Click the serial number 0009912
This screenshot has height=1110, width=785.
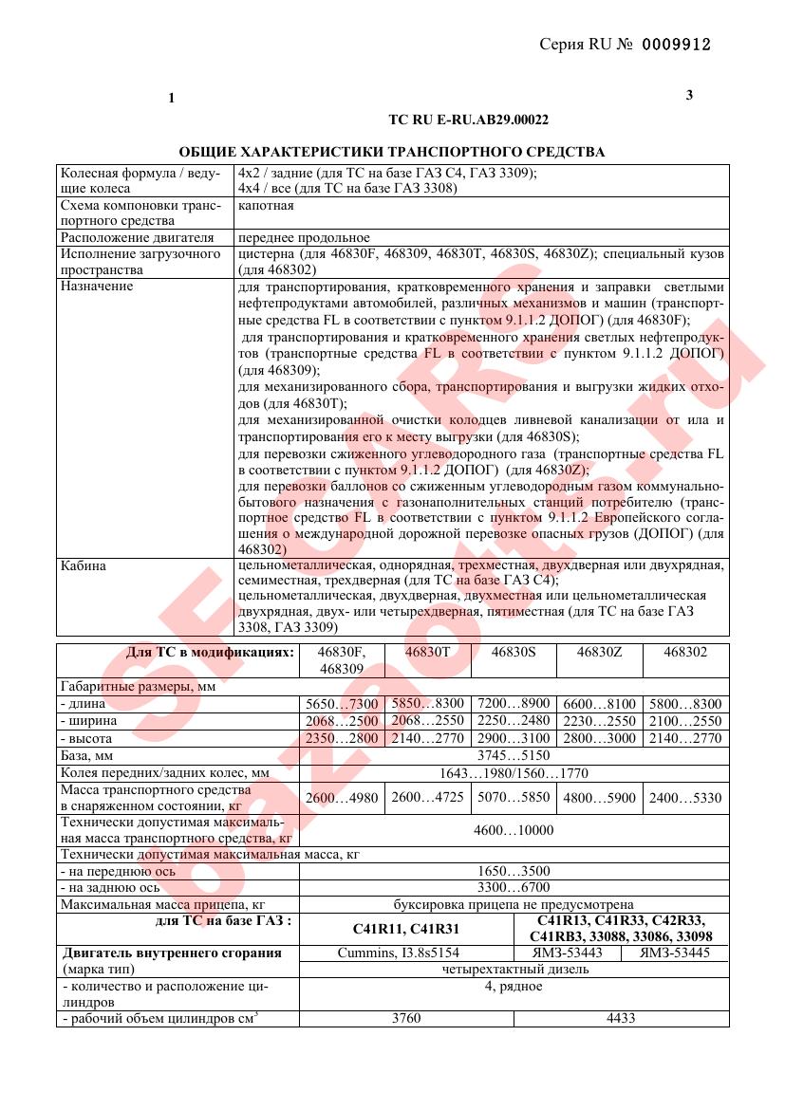(676, 44)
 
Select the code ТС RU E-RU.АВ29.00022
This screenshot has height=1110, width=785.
(469, 120)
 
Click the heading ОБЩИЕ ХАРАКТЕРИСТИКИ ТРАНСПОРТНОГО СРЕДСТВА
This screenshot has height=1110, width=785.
(392, 152)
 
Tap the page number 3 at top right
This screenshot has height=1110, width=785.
(689, 94)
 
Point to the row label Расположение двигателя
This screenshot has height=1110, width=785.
(137, 237)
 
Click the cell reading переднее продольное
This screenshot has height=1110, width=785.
(304, 237)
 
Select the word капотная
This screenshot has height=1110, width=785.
(266, 205)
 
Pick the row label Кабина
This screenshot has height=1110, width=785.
(84, 566)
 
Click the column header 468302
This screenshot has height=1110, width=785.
(686, 654)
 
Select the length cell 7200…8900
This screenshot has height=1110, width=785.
(514, 704)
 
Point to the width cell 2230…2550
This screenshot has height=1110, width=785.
(600, 721)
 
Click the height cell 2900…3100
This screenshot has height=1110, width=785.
(514, 738)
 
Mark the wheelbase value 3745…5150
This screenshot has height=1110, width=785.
(514, 755)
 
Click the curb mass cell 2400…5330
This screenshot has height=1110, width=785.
(686, 798)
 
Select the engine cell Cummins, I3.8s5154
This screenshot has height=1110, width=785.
(405, 953)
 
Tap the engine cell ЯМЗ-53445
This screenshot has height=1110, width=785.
(675, 953)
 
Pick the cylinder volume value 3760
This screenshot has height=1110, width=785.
(405, 1018)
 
